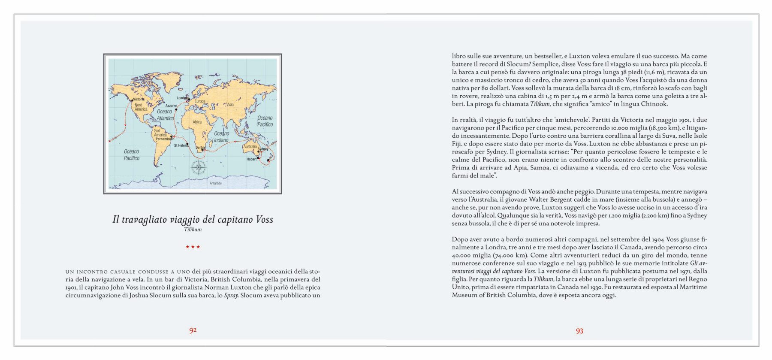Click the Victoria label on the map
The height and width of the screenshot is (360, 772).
pos(139,99)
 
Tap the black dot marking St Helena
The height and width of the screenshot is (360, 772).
pos(187,143)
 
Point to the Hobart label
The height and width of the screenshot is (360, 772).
pos(251,159)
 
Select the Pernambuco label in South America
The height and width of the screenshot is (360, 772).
pos(165,139)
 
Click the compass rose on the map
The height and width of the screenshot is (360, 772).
pos(199,167)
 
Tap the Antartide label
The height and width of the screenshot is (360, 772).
pos(216,183)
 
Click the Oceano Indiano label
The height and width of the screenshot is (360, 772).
pos(221,137)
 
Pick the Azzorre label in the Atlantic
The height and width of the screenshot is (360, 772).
pos(171,106)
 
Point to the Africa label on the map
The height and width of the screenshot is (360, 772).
pos(197,122)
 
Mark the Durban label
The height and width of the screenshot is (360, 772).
pos(201,147)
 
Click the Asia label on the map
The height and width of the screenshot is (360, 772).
pos(230,104)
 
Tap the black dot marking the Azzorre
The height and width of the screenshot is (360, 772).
pos(176,109)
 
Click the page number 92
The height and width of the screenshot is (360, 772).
pos(193,330)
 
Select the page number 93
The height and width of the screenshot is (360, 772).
pos(579,331)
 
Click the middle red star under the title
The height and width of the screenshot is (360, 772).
pos(193,247)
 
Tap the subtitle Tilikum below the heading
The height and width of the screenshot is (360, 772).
pos(193,230)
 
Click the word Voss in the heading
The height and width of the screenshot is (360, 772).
pos(264,219)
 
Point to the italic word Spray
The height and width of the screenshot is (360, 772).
pos(231,295)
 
